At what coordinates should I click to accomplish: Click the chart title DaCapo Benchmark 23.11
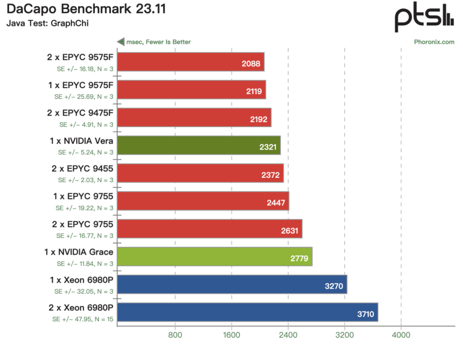tap(86, 9)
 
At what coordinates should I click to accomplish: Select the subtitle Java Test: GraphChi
tap(48, 23)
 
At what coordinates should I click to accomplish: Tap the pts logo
tap(424, 17)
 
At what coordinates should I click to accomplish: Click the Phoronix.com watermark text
tap(434, 42)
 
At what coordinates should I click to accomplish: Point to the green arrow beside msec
tap(121, 41)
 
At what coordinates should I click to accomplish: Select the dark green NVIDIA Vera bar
tap(199, 145)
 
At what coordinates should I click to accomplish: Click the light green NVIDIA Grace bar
tap(215, 256)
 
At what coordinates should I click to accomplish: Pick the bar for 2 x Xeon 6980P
tap(247, 312)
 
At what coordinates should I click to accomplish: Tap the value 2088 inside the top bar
tap(251, 64)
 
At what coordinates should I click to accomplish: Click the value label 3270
tap(334, 286)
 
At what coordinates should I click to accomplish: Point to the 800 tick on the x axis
tap(175, 335)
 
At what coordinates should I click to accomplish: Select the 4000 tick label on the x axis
tap(401, 335)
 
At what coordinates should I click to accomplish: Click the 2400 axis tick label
tap(288, 335)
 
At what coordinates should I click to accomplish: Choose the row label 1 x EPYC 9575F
tap(81, 85)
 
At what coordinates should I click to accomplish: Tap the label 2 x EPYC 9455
tap(82, 169)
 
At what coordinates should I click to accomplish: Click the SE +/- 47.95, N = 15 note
tap(82, 320)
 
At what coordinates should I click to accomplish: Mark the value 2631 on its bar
tap(290, 231)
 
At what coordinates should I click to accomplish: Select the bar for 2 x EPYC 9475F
tap(194, 118)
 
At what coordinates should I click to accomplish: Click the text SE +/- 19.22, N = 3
tap(84, 208)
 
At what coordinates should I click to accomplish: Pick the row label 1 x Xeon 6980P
tap(82, 280)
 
